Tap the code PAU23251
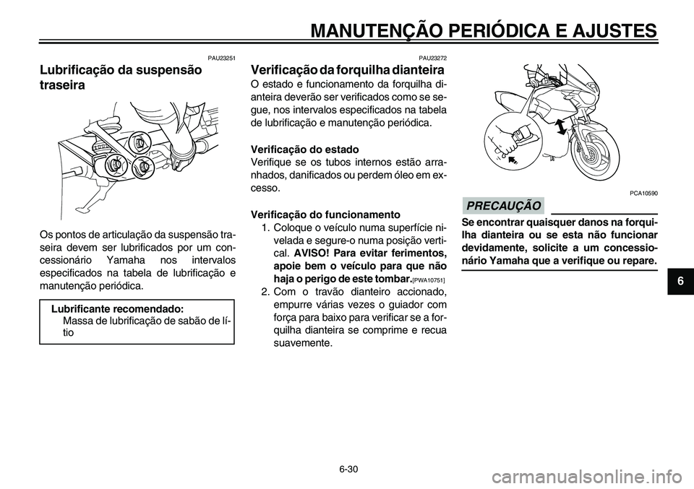coord(222,57)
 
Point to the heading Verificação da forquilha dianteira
coord(347,71)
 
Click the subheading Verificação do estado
coord(299,148)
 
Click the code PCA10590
coord(645,193)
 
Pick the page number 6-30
coord(347,469)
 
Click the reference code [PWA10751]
coord(427,280)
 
